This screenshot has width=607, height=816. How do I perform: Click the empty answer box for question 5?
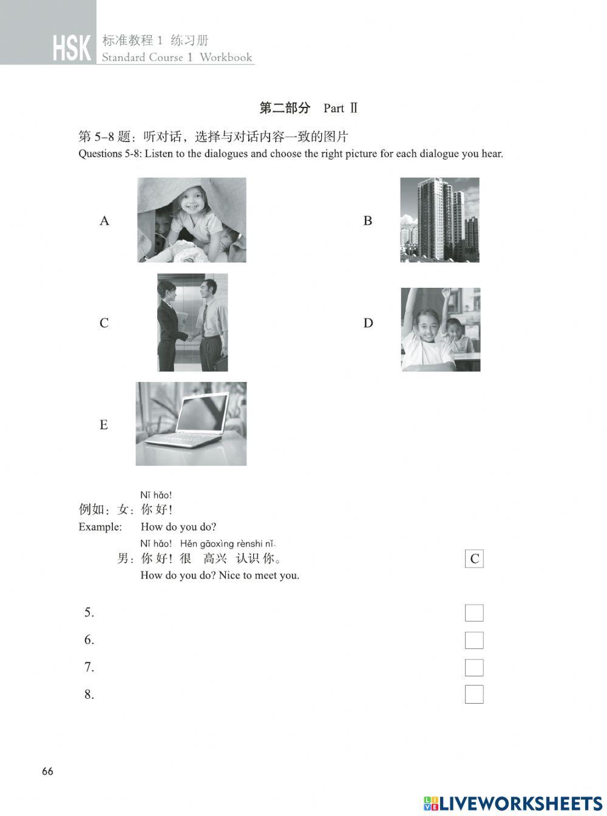pyautogui.click(x=474, y=613)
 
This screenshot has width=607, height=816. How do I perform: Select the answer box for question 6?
pyautogui.click(x=474, y=641)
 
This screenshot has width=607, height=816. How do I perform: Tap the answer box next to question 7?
pyautogui.click(x=474, y=668)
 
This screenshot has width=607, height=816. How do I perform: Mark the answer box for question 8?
pyautogui.click(x=474, y=695)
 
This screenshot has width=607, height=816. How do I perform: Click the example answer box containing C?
pyautogui.click(x=474, y=559)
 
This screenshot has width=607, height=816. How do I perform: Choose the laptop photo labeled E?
pyautogui.click(x=191, y=424)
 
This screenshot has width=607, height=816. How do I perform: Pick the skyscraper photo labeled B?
pyautogui.click(x=439, y=220)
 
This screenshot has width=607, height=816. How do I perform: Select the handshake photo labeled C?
pyautogui.click(x=192, y=322)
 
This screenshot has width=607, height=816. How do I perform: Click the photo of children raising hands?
pyautogui.click(x=441, y=329)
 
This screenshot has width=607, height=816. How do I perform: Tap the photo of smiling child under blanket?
pyautogui.click(x=192, y=220)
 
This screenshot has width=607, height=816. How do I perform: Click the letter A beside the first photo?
pyautogui.click(x=104, y=221)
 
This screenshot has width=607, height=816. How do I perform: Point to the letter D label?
pyautogui.click(x=368, y=323)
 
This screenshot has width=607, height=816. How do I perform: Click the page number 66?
pyautogui.click(x=47, y=772)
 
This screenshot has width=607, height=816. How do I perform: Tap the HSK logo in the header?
pyautogui.click(x=72, y=49)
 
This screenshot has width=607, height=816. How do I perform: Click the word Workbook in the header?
pyautogui.click(x=226, y=58)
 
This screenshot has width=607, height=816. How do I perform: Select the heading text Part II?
pyautogui.click(x=341, y=109)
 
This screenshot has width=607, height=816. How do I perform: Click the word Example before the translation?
pyautogui.click(x=100, y=527)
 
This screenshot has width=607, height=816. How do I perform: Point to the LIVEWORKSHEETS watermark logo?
pyautogui.click(x=513, y=803)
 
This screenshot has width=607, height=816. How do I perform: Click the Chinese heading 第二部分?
pyautogui.click(x=285, y=108)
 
